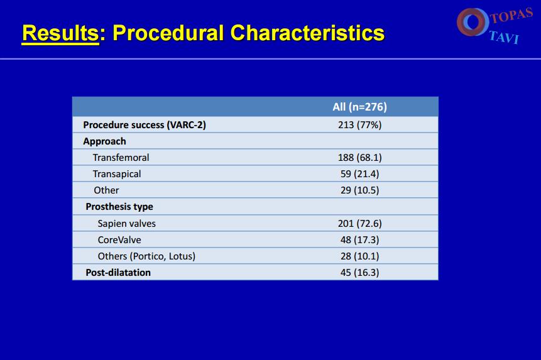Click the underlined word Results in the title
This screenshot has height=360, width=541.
click(60, 33)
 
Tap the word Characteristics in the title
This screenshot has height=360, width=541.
click(307, 33)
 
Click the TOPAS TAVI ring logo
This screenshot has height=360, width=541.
click(473, 22)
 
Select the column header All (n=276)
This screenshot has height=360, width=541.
click(359, 107)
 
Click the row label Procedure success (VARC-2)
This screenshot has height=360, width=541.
click(145, 125)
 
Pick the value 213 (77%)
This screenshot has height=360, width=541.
click(359, 125)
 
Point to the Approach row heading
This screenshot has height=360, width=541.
click(104, 141)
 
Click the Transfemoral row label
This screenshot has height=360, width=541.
click(121, 158)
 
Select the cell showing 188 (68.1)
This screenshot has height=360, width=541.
click(359, 158)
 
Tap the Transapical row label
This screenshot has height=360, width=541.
click(117, 174)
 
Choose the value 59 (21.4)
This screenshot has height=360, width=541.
click(359, 174)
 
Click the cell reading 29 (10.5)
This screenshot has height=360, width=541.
click(359, 190)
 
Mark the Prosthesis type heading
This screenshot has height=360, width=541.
click(119, 207)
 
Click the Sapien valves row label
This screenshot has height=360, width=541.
click(127, 224)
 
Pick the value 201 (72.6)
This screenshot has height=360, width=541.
click(359, 224)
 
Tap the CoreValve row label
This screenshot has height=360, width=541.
click(119, 239)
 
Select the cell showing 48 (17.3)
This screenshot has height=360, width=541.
click(359, 239)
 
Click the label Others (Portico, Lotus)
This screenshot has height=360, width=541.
click(146, 256)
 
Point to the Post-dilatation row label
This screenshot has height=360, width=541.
click(118, 273)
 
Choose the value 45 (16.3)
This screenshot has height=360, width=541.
click(359, 273)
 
